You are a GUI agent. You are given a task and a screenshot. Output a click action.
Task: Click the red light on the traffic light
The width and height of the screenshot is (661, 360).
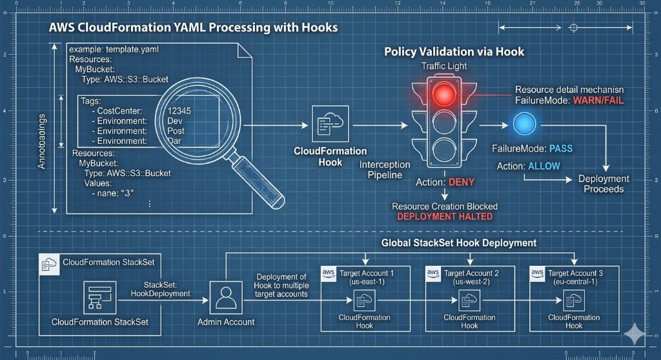coord(443,94)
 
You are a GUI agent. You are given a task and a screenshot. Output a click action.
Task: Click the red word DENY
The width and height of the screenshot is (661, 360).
coord(462,183)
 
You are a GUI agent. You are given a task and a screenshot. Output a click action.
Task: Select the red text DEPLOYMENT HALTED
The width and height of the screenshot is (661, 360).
coord(445,217)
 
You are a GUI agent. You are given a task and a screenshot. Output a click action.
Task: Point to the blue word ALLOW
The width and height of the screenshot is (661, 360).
coord(544,166)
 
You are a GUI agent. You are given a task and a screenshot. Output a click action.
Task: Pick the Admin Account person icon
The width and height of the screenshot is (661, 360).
coord(225,297)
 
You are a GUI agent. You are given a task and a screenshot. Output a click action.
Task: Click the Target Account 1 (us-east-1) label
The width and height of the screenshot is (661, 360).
coord(366,277)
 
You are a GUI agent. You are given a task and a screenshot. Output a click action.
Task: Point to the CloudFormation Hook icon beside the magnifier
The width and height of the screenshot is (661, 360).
coord(330,123)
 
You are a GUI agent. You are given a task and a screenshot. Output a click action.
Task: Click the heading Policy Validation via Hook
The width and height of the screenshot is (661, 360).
coord(454,52)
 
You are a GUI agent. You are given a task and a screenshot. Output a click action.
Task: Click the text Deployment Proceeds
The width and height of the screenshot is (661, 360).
coord(604,184)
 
